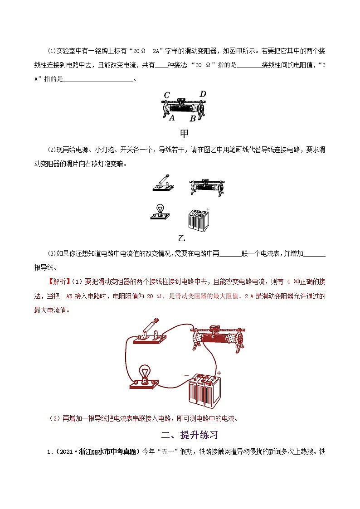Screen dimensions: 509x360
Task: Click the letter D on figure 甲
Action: pos(203,94)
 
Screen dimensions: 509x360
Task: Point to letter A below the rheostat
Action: pos(172,118)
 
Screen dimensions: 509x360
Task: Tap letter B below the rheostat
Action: pos(193,119)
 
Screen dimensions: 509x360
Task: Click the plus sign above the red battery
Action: pos(219,373)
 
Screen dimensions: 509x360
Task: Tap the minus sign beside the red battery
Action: pos(186,375)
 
